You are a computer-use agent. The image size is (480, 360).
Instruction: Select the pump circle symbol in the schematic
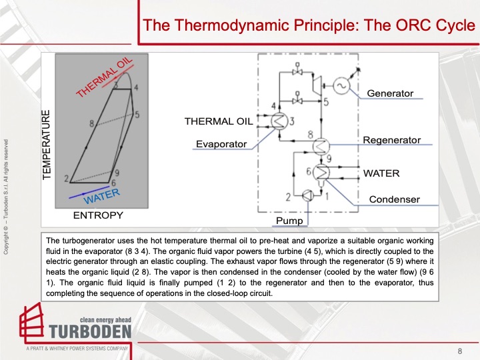[x=307, y=195]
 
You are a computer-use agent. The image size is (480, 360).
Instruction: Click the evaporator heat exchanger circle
[x=279, y=121]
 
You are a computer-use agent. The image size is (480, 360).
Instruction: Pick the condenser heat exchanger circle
[x=322, y=172]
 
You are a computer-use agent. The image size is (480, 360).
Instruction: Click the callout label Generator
[x=390, y=93]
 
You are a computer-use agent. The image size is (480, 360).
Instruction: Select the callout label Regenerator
[x=391, y=140]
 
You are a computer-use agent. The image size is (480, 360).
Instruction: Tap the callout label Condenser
[x=394, y=199]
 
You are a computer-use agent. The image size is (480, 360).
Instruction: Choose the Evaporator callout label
[x=221, y=144]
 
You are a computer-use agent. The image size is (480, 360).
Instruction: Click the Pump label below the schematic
[x=289, y=220]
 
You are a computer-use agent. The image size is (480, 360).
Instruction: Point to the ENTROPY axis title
[x=98, y=216]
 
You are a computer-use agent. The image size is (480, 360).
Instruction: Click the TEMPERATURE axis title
[x=47, y=145]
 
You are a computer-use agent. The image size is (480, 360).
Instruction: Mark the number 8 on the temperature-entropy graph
[x=91, y=123]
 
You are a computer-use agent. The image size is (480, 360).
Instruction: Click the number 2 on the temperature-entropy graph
[x=66, y=179]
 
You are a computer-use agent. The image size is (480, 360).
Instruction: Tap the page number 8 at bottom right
[x=459, y=351]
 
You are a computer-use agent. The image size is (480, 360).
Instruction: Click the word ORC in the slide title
[x=399, y=26]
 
